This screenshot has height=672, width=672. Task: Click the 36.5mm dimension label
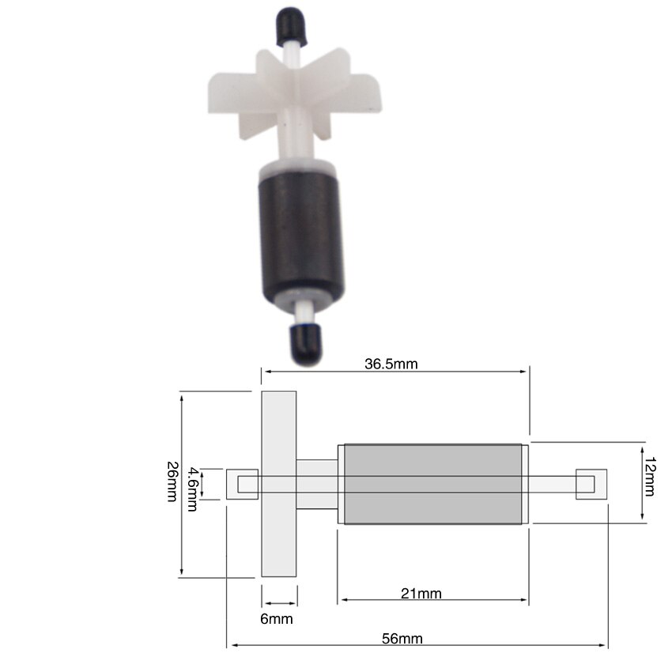coord(391,364)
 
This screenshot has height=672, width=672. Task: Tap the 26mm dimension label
coord(172,481)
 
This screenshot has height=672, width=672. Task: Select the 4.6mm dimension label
coord(193,489)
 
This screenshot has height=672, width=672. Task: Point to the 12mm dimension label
coord(650,476)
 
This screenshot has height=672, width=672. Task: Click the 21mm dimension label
coord(421,594)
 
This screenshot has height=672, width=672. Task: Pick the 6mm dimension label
coord(277,619)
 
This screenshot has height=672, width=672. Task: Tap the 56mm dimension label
coord(402,639)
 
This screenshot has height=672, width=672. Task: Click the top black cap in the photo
coord(292,25)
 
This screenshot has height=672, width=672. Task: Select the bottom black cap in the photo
coord(307,343)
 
